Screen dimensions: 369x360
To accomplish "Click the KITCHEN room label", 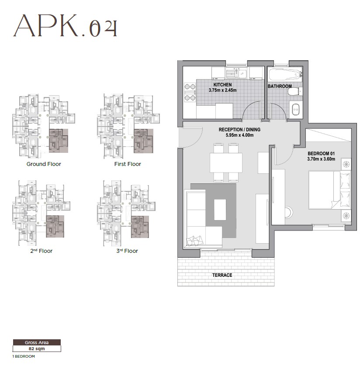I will tap(222, 85).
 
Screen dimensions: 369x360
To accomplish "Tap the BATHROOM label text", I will tap(280, 86).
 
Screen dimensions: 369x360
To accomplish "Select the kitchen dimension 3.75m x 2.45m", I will tap(222, 90).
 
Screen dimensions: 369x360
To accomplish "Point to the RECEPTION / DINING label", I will tap(239, 130).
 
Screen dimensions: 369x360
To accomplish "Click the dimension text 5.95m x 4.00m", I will tap(239, 135).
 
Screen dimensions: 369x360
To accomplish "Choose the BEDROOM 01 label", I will tap(321, 153).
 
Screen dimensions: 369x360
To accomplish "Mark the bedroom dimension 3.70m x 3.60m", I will tap(321, 159).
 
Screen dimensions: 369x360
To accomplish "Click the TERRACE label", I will tap(222, 275).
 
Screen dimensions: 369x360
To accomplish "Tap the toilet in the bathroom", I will tap(295, 91).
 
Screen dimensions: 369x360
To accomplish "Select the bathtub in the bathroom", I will tap(284, 74).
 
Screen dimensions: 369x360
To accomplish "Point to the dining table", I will tap(226, 162).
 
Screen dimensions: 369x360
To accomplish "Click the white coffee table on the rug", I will tap(220, 210).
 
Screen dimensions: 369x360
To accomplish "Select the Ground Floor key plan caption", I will tap(44, 164).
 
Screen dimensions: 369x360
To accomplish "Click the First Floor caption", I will tap(128, 164).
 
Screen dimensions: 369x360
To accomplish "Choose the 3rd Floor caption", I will tap(128, 251).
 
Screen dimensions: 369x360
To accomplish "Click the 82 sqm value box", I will tap(37, 349).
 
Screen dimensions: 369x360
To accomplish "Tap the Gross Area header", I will tap(37, 343).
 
